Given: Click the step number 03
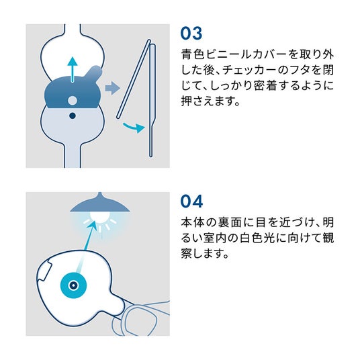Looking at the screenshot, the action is pos(191,34).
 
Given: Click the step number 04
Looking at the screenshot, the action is pos(191,201).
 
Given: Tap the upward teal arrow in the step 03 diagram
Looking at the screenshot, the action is pos(73,69).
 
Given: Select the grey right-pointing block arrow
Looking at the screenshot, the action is pos(112,88).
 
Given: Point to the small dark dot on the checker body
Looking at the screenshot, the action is pos(73,116).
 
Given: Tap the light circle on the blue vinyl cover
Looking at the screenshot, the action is pos(73,101).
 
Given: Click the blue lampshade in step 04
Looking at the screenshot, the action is pos(100,204).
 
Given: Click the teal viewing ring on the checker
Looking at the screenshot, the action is pos(73,285).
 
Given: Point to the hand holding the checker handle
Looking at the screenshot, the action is pos(140,317).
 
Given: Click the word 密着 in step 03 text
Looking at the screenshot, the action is pos(269,85).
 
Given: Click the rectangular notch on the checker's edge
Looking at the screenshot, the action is pos(44,271).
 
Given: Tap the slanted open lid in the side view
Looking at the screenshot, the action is pos(134,79).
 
